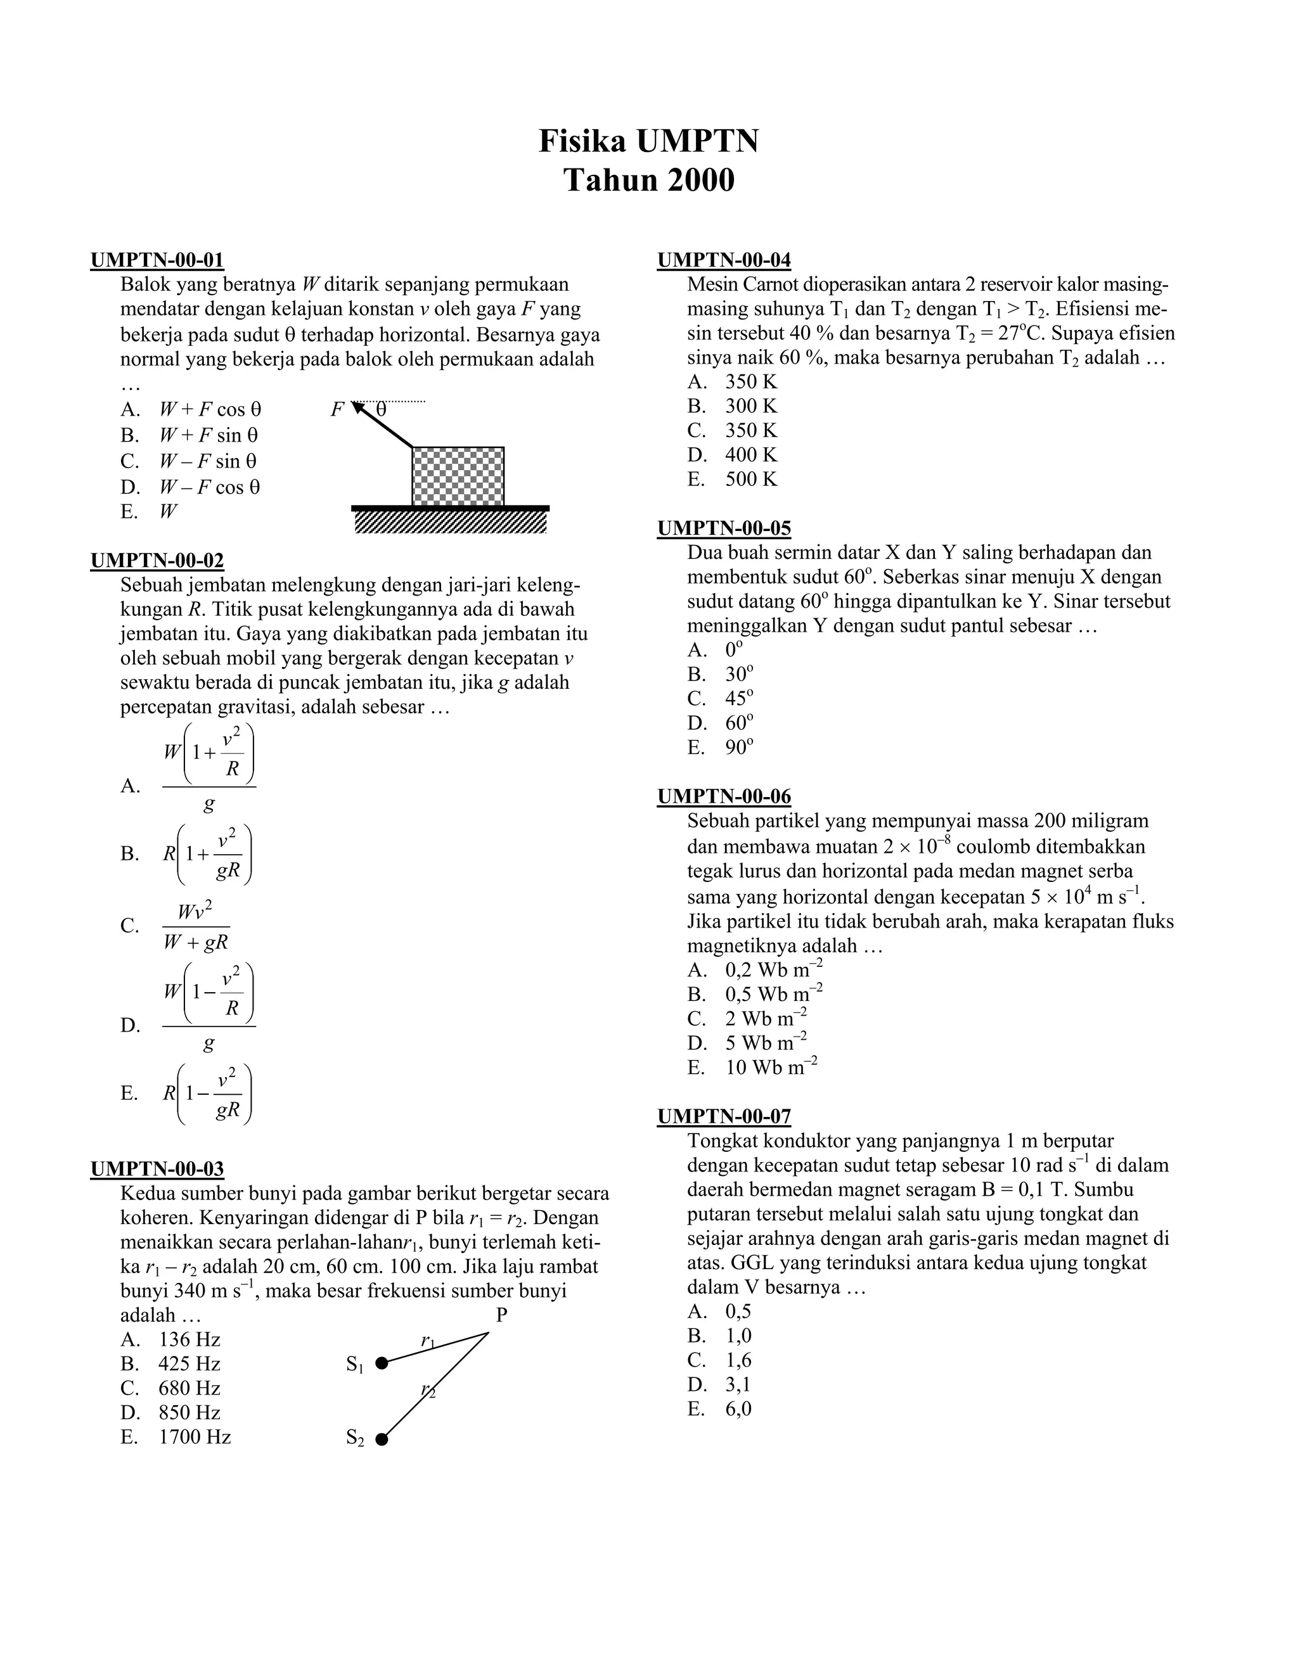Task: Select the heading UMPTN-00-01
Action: [x=157, y=260]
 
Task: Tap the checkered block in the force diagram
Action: [x=458, y=476]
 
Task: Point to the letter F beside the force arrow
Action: [x=337, y=410]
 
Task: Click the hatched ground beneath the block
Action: [x=451, y=522]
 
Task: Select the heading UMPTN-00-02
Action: [x=157, y=561]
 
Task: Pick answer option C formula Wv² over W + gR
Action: [x=196, y=926]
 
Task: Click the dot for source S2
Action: [x=382, y=1439]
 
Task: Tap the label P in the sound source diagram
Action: [x=501, y=1315]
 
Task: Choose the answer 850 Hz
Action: [x=189, y=1412]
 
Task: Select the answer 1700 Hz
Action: [x=195, y=1437]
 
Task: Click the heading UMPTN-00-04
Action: [x=724, y=260]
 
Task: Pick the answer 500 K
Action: [x=750, y=479]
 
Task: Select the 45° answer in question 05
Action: [x=739, y=698]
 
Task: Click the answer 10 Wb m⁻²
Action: [x=771, y=1067]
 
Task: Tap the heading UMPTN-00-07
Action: [x=724, y=1116]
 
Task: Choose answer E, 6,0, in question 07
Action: [x=738, y=1409]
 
